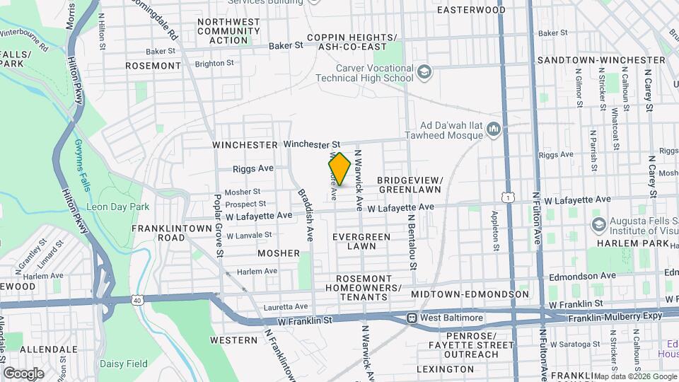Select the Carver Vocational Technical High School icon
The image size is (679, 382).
(x=423, y=72)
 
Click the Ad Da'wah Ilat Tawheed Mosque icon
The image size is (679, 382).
(x=494, y=129)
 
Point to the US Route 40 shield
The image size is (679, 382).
(x=136, y=301)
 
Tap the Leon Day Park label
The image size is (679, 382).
(x=117, y=207)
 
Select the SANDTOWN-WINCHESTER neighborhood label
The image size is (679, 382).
(x=601, y=60)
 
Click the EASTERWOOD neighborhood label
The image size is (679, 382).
(x=471, y=10)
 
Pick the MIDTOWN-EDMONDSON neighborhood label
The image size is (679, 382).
(x=470, y=294)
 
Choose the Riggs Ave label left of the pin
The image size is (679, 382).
(x=253, y=169)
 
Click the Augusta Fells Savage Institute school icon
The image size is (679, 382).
(x=598, y=224)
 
